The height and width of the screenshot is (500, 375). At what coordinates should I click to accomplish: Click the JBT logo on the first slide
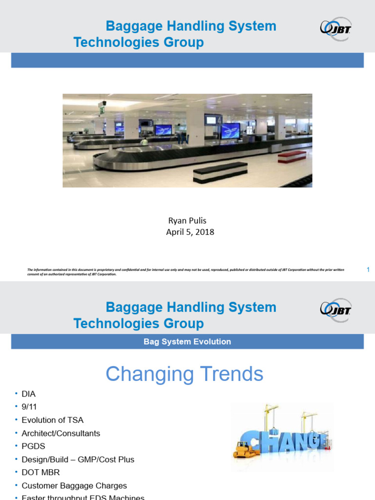point(335,28)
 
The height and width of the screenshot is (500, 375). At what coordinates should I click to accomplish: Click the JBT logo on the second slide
point(335,309)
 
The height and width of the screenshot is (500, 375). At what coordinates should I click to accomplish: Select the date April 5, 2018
point(190,232)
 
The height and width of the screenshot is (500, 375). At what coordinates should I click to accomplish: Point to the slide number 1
point(368,270)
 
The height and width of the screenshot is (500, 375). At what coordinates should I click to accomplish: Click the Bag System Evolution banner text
point(187,342)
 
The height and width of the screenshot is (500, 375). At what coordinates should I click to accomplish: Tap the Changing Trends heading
point(185,375)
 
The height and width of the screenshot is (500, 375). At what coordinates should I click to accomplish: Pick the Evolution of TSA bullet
point(52,420)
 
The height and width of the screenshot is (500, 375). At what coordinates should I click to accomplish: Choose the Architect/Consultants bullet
point(61,433)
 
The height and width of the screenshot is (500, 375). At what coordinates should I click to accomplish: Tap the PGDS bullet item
point(32,446)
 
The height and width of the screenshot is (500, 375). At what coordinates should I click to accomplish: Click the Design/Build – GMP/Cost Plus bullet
point(78,459)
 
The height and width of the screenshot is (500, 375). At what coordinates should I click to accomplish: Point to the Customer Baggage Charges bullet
point(74,486)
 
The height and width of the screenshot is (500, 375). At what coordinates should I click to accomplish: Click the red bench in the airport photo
point(292,156)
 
